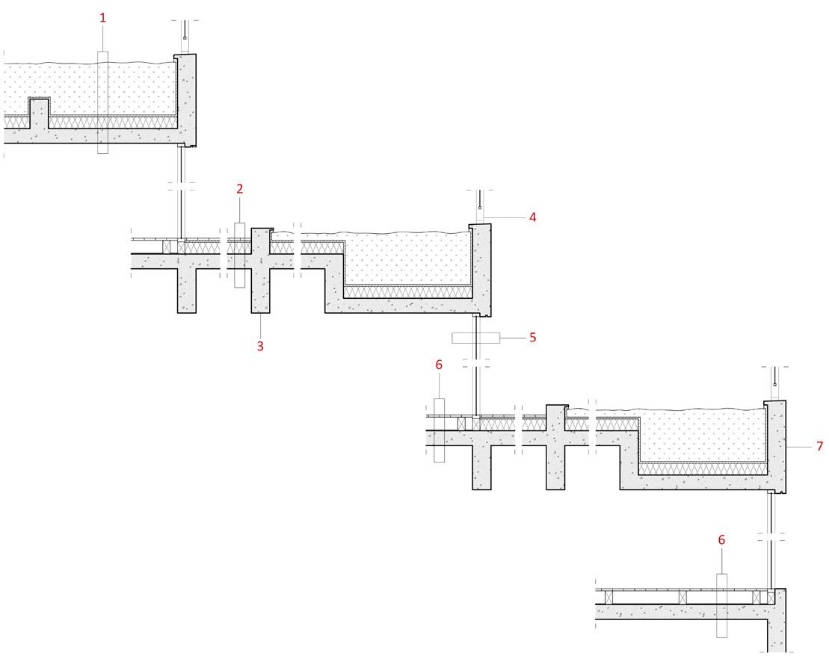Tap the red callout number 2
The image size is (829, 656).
(239, 189)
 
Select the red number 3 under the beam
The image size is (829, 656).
(260, 346)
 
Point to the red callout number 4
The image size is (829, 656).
(532, 217)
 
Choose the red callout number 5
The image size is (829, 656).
(532, 338)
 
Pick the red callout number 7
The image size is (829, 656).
(819, 446)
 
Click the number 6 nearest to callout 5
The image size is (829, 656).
(439, 365)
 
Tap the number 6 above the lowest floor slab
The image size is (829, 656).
(721, 539)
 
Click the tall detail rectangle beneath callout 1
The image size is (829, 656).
(103, 102)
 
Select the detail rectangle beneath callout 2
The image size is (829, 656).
(239, 255)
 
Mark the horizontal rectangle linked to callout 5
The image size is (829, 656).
(475, 338)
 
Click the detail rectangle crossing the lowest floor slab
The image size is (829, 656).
(721, 605)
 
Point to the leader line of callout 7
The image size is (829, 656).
(799, 446)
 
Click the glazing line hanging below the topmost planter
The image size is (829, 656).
(179, 187)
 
